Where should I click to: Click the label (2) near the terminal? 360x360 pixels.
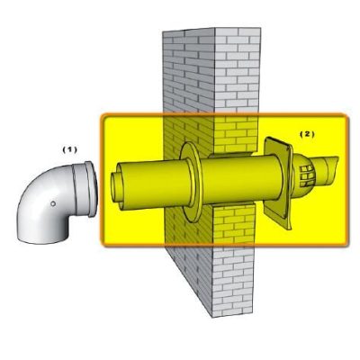[x=307, y=133]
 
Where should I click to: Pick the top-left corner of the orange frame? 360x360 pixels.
[x=102, y=115]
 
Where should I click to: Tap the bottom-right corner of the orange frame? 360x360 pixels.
[x=346, y=245]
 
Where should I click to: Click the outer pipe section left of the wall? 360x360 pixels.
[x=148, y=180]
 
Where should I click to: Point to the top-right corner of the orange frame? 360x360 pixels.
[x=346, y=115]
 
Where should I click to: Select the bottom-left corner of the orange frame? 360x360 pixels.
[x=102, y=245]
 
